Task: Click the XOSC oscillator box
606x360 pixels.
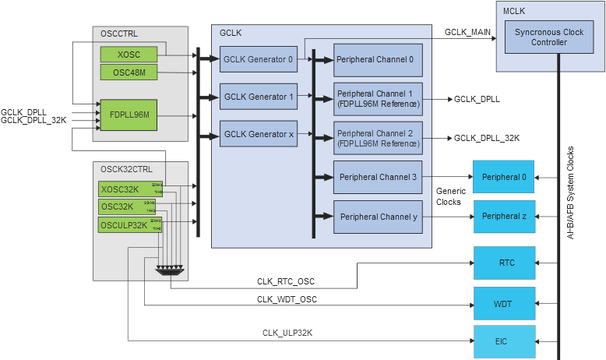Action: tap(129, 55)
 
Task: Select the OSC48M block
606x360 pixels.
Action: tap(129, 72)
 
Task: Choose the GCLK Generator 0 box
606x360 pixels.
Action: tap(259, 59)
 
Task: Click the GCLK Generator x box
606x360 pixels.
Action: tap(259, 134)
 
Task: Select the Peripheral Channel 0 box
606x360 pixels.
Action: tap(379, 59)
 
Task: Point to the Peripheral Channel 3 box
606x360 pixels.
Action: tap(379, 177)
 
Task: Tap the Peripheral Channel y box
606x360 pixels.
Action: tap(379, 216)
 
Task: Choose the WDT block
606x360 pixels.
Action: tap(506, 302)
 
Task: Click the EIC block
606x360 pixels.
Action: tap(506, 341)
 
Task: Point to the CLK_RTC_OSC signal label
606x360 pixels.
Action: tap(287, 281)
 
